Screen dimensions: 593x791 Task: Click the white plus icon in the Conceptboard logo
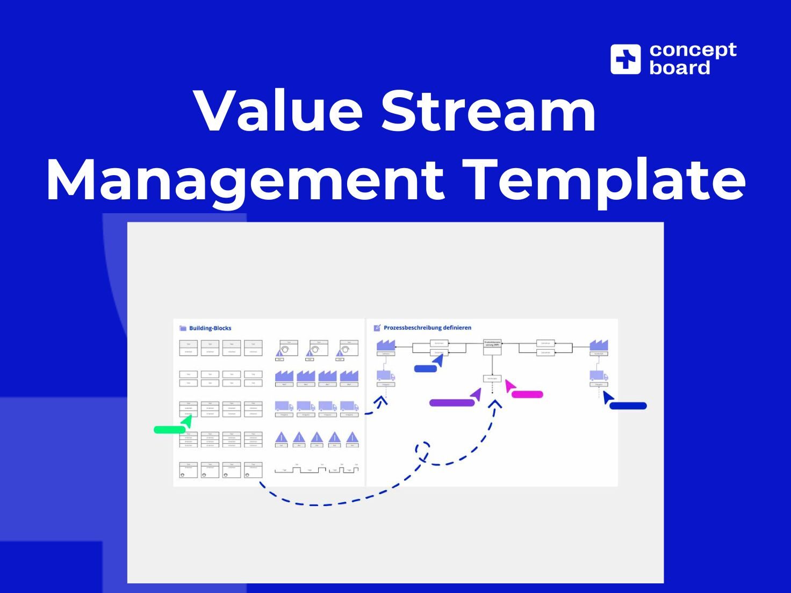(625, 59)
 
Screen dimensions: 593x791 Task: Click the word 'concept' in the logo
(693, 50)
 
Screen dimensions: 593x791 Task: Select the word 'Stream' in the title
(488, 111)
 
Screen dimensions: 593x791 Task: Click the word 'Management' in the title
(245, 180)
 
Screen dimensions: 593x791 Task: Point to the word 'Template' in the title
(603, 180)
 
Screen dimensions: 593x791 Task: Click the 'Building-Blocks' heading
(210, 328)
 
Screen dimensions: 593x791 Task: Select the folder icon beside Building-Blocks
(183, 328)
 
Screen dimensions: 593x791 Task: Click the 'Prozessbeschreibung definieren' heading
(427, 328)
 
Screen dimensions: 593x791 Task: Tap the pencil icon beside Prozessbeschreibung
(377, 328)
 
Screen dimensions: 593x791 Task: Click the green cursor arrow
(186, 422)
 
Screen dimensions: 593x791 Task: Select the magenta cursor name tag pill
(527, 394)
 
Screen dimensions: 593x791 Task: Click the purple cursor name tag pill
(451, 403)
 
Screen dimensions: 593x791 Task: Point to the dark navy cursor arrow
(608, 397)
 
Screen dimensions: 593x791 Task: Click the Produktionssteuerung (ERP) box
(492, 344)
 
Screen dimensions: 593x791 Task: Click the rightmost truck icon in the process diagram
(599, 375)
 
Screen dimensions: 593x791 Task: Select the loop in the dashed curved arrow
(423, 450)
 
